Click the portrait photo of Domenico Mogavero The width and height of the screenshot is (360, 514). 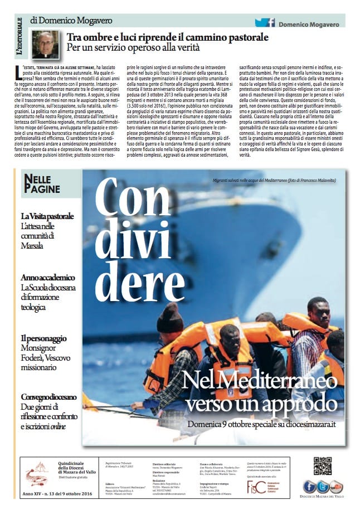(44, 45)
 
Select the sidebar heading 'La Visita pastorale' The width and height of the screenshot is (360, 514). (49, 216)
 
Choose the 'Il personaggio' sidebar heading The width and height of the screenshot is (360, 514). (44, 338)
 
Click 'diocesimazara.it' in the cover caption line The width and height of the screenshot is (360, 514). (311, 424)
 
